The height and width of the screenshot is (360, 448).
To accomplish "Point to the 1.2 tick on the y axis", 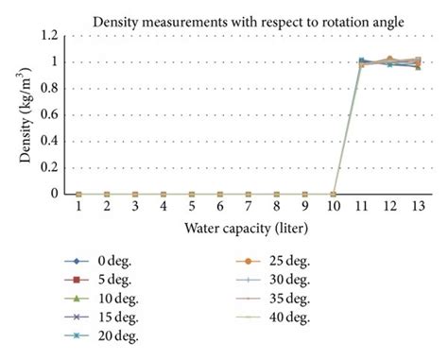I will coord(49,36).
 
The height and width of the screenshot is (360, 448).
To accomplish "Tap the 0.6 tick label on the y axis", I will coord(49,114).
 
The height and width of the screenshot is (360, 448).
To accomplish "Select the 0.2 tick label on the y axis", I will coord(49,167).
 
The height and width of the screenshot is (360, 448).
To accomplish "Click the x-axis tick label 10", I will coord(333,208).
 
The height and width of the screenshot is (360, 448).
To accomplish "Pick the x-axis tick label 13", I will coord(418,208).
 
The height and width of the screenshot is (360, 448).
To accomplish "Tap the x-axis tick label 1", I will coord(78,208).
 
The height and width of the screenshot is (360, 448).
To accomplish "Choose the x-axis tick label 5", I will coord(192,208).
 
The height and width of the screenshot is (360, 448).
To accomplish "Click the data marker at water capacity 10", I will coord(333,194).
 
